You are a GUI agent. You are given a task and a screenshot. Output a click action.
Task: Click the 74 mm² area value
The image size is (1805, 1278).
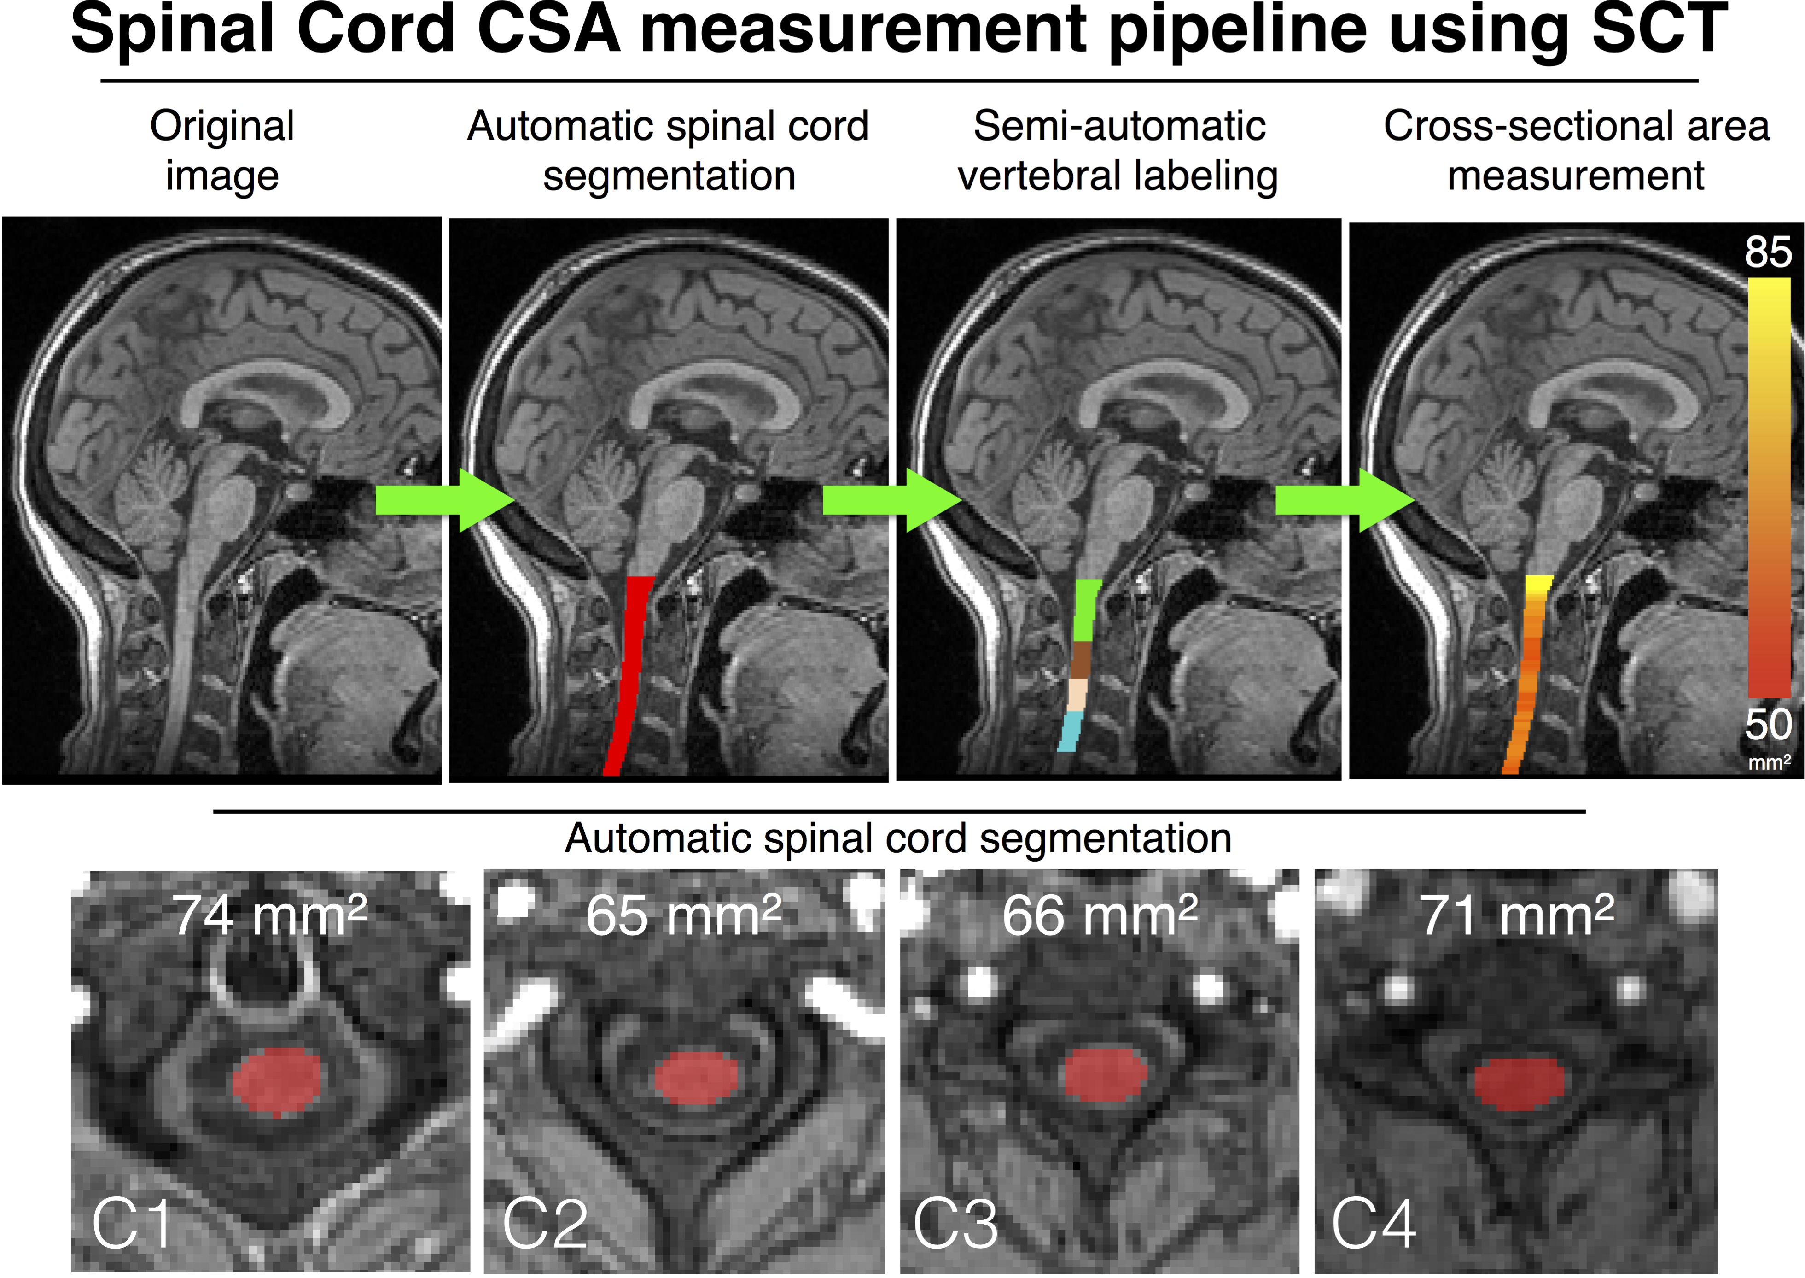(x=270, y=915)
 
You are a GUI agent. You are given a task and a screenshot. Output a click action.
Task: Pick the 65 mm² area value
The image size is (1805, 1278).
(x=683, y=915)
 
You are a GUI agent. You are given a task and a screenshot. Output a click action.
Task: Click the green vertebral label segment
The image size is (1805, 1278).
(x=1087, y=610)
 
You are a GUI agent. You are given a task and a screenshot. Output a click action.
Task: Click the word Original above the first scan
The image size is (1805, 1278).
(x=222, y=126)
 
